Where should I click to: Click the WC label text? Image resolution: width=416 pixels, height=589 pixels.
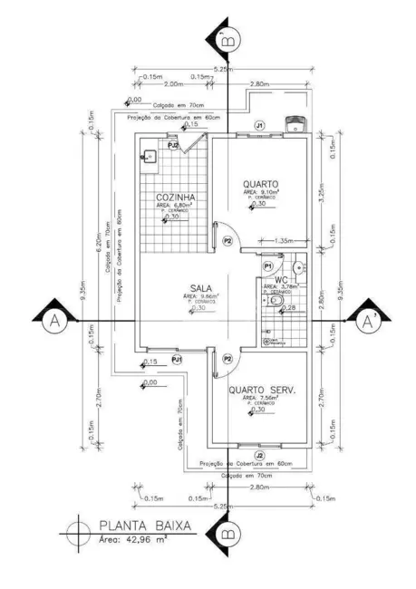281,279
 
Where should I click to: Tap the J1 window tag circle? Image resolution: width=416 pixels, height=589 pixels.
259,123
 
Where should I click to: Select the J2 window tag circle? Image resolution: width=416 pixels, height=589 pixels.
259,455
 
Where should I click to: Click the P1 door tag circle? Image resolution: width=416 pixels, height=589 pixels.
268,266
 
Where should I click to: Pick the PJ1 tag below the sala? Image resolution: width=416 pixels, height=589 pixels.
178,359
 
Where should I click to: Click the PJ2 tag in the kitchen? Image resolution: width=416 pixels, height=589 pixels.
172,144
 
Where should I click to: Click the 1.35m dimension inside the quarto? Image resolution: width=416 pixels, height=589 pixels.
281,241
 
